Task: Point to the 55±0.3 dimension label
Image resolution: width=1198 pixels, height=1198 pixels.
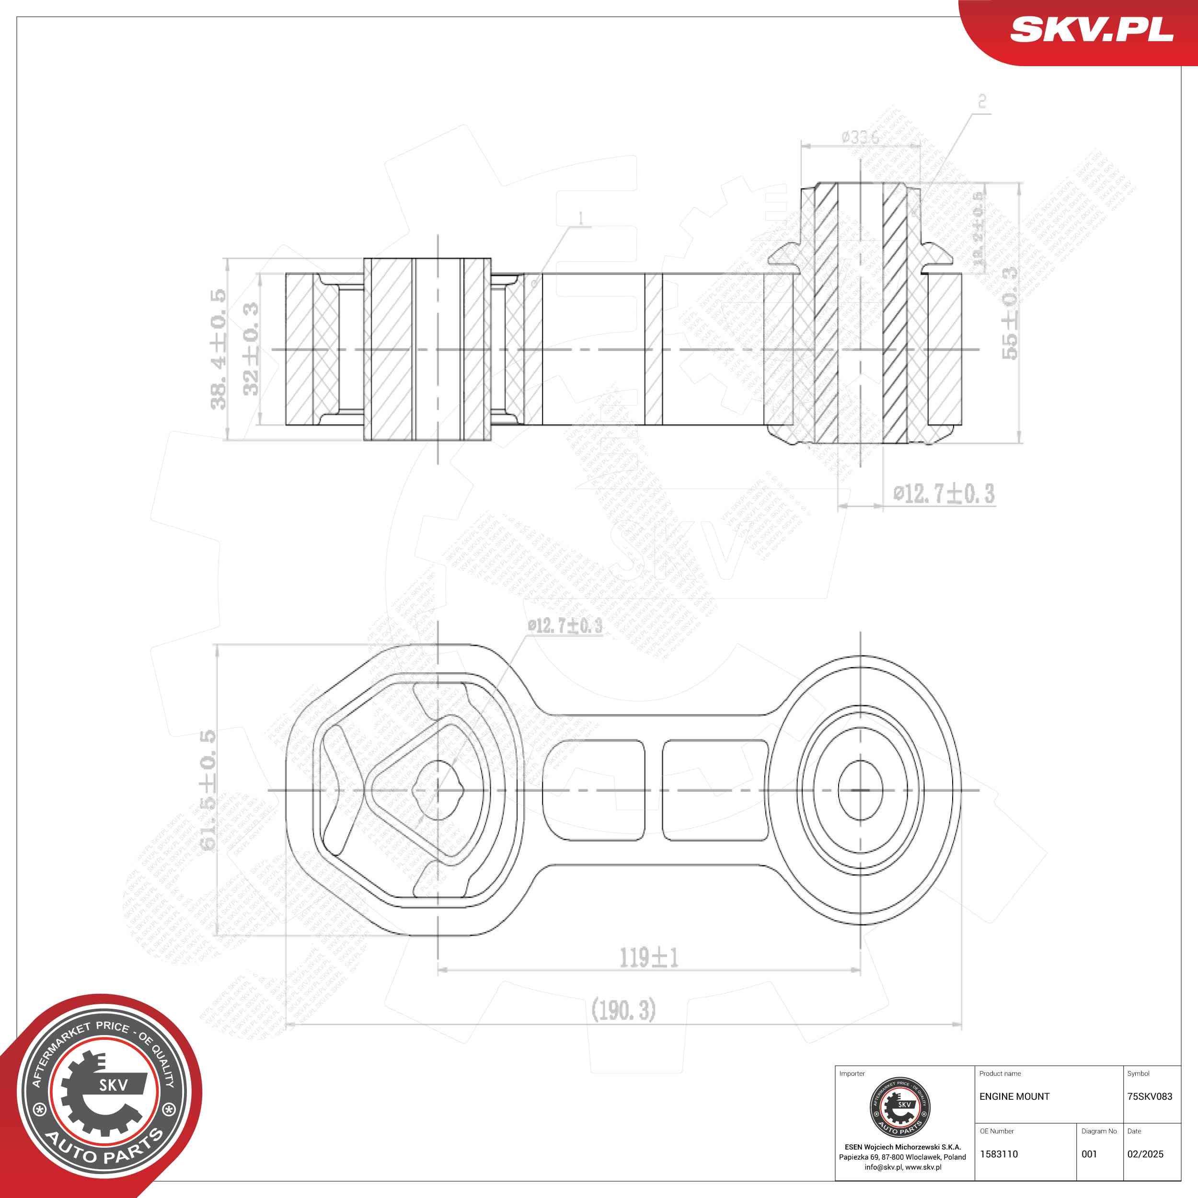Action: (x=1010, y=312)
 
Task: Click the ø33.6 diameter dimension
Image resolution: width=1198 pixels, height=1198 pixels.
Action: (x=860, y=138)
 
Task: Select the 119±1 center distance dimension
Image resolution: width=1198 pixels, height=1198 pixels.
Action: (x=649, y=958)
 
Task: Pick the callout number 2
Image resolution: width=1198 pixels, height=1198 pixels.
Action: (x=981, y=101)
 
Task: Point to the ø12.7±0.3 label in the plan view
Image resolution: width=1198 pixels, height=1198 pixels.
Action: (x=564, y=626)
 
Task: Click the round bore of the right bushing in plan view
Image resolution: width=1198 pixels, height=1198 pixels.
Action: (x=860, y=790)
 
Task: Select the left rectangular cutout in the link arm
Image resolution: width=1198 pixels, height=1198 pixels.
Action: (x=593, y=790)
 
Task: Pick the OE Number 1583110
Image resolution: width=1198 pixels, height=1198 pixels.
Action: (x=998, y=1154)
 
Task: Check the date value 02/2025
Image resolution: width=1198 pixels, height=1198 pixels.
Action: (x=1145, y=1154)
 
